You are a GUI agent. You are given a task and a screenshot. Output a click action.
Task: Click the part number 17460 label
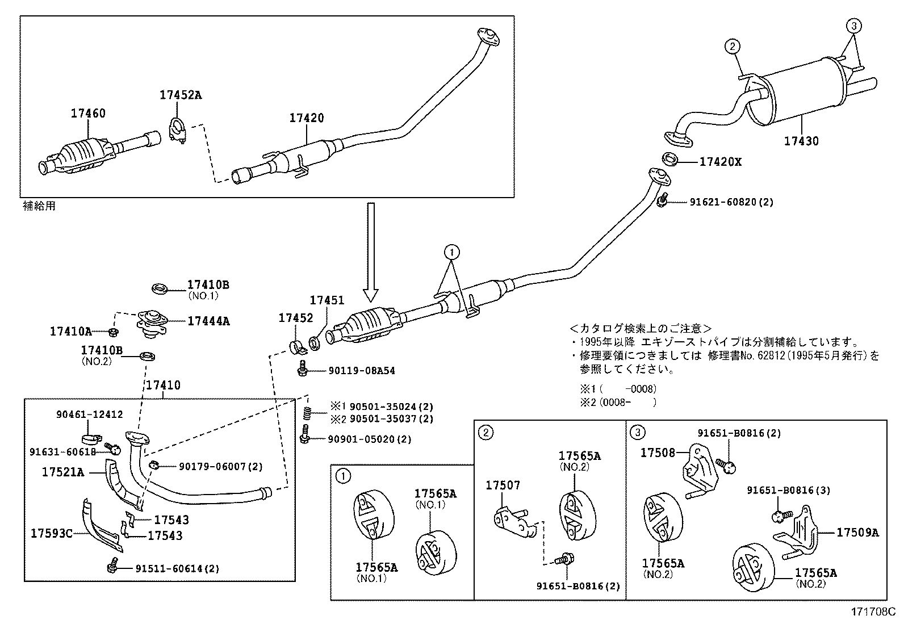pos(88,113)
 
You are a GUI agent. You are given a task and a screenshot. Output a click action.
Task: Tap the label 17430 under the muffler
pos(801,141)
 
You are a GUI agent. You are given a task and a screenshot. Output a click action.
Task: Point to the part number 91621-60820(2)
pos(731,202)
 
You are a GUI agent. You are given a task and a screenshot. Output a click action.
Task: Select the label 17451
pos(327,300)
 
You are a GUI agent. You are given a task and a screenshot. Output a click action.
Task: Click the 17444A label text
pos(208,321)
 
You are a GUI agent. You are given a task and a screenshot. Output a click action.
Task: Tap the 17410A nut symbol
pos(113,332)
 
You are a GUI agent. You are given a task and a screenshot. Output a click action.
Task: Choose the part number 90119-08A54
pos(361,371)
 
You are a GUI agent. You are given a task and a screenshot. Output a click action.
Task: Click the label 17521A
pos(63,472)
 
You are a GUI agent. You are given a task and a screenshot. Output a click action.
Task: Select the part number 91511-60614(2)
pos(177,568)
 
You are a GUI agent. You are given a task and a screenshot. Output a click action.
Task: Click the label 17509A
pos(857,532)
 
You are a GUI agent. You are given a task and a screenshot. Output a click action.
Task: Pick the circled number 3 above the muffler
pos(854,25)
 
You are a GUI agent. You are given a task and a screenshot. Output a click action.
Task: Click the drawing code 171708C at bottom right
pos(872,612)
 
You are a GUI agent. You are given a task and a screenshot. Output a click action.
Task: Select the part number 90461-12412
pos(89,415)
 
